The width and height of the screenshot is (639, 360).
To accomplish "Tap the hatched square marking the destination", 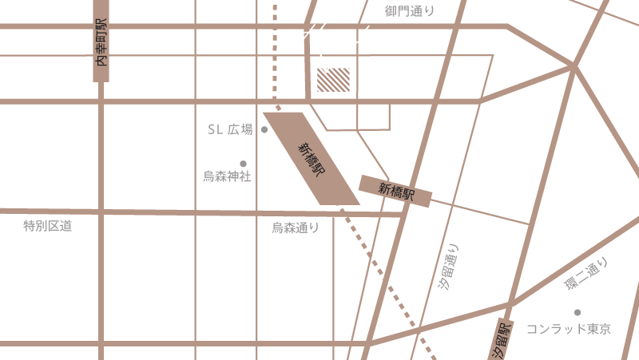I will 334,80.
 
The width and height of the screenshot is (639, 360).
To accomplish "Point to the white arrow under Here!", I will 324,62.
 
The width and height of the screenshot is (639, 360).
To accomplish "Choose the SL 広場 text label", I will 230,130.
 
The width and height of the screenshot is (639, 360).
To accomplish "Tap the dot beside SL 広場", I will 264,129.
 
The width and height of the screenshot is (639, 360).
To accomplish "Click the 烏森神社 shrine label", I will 227,176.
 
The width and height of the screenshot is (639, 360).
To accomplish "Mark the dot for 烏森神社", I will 244,164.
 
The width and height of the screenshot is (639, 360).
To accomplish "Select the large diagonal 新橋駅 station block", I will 311,158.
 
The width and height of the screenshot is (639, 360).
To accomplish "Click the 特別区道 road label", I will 48,227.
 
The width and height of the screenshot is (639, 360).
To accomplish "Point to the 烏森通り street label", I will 296,227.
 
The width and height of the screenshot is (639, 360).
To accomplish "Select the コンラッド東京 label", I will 568,329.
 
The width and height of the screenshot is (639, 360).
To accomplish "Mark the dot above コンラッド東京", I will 577,312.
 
